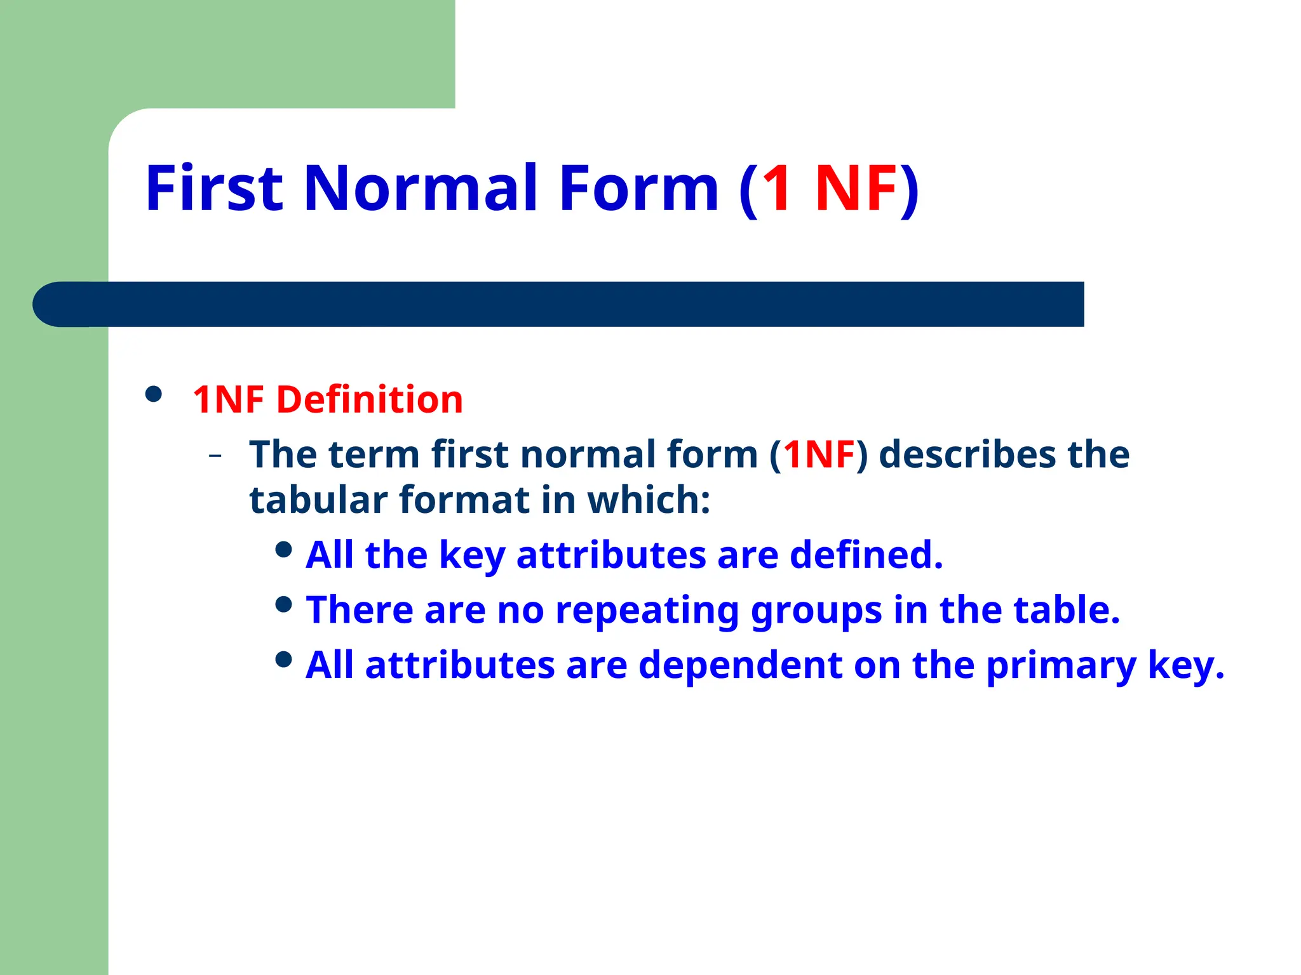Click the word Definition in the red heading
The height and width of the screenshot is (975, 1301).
pyautogui.click(x=369, y=400)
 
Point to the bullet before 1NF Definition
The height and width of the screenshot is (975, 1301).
pyautogui.click(x=153, y=395)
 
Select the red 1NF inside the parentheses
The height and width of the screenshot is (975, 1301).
pyautogui.click(x=819, y=454)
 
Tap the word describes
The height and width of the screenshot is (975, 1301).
pyautogui.click(x=967, y=454)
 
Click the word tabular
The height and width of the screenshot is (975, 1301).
pyautogui.click(x=318, y=500)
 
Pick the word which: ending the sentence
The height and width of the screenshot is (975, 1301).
pyautogui.click(x=649, y=500)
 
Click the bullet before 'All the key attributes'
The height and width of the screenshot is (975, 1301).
pyautogui.click(x=284, y=550)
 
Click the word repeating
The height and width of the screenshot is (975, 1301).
pyautogui.click(x=647, y=611)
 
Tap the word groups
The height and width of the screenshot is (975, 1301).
pyautogui.click(x=816, y=611)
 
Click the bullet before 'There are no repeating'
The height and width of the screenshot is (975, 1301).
pyautogui.click(x=284, y=604)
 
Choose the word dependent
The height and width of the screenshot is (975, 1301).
pyautogui.click(x=740, y=665)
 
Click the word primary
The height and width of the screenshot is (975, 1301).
pyautogui.click(x=1061, y=667)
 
